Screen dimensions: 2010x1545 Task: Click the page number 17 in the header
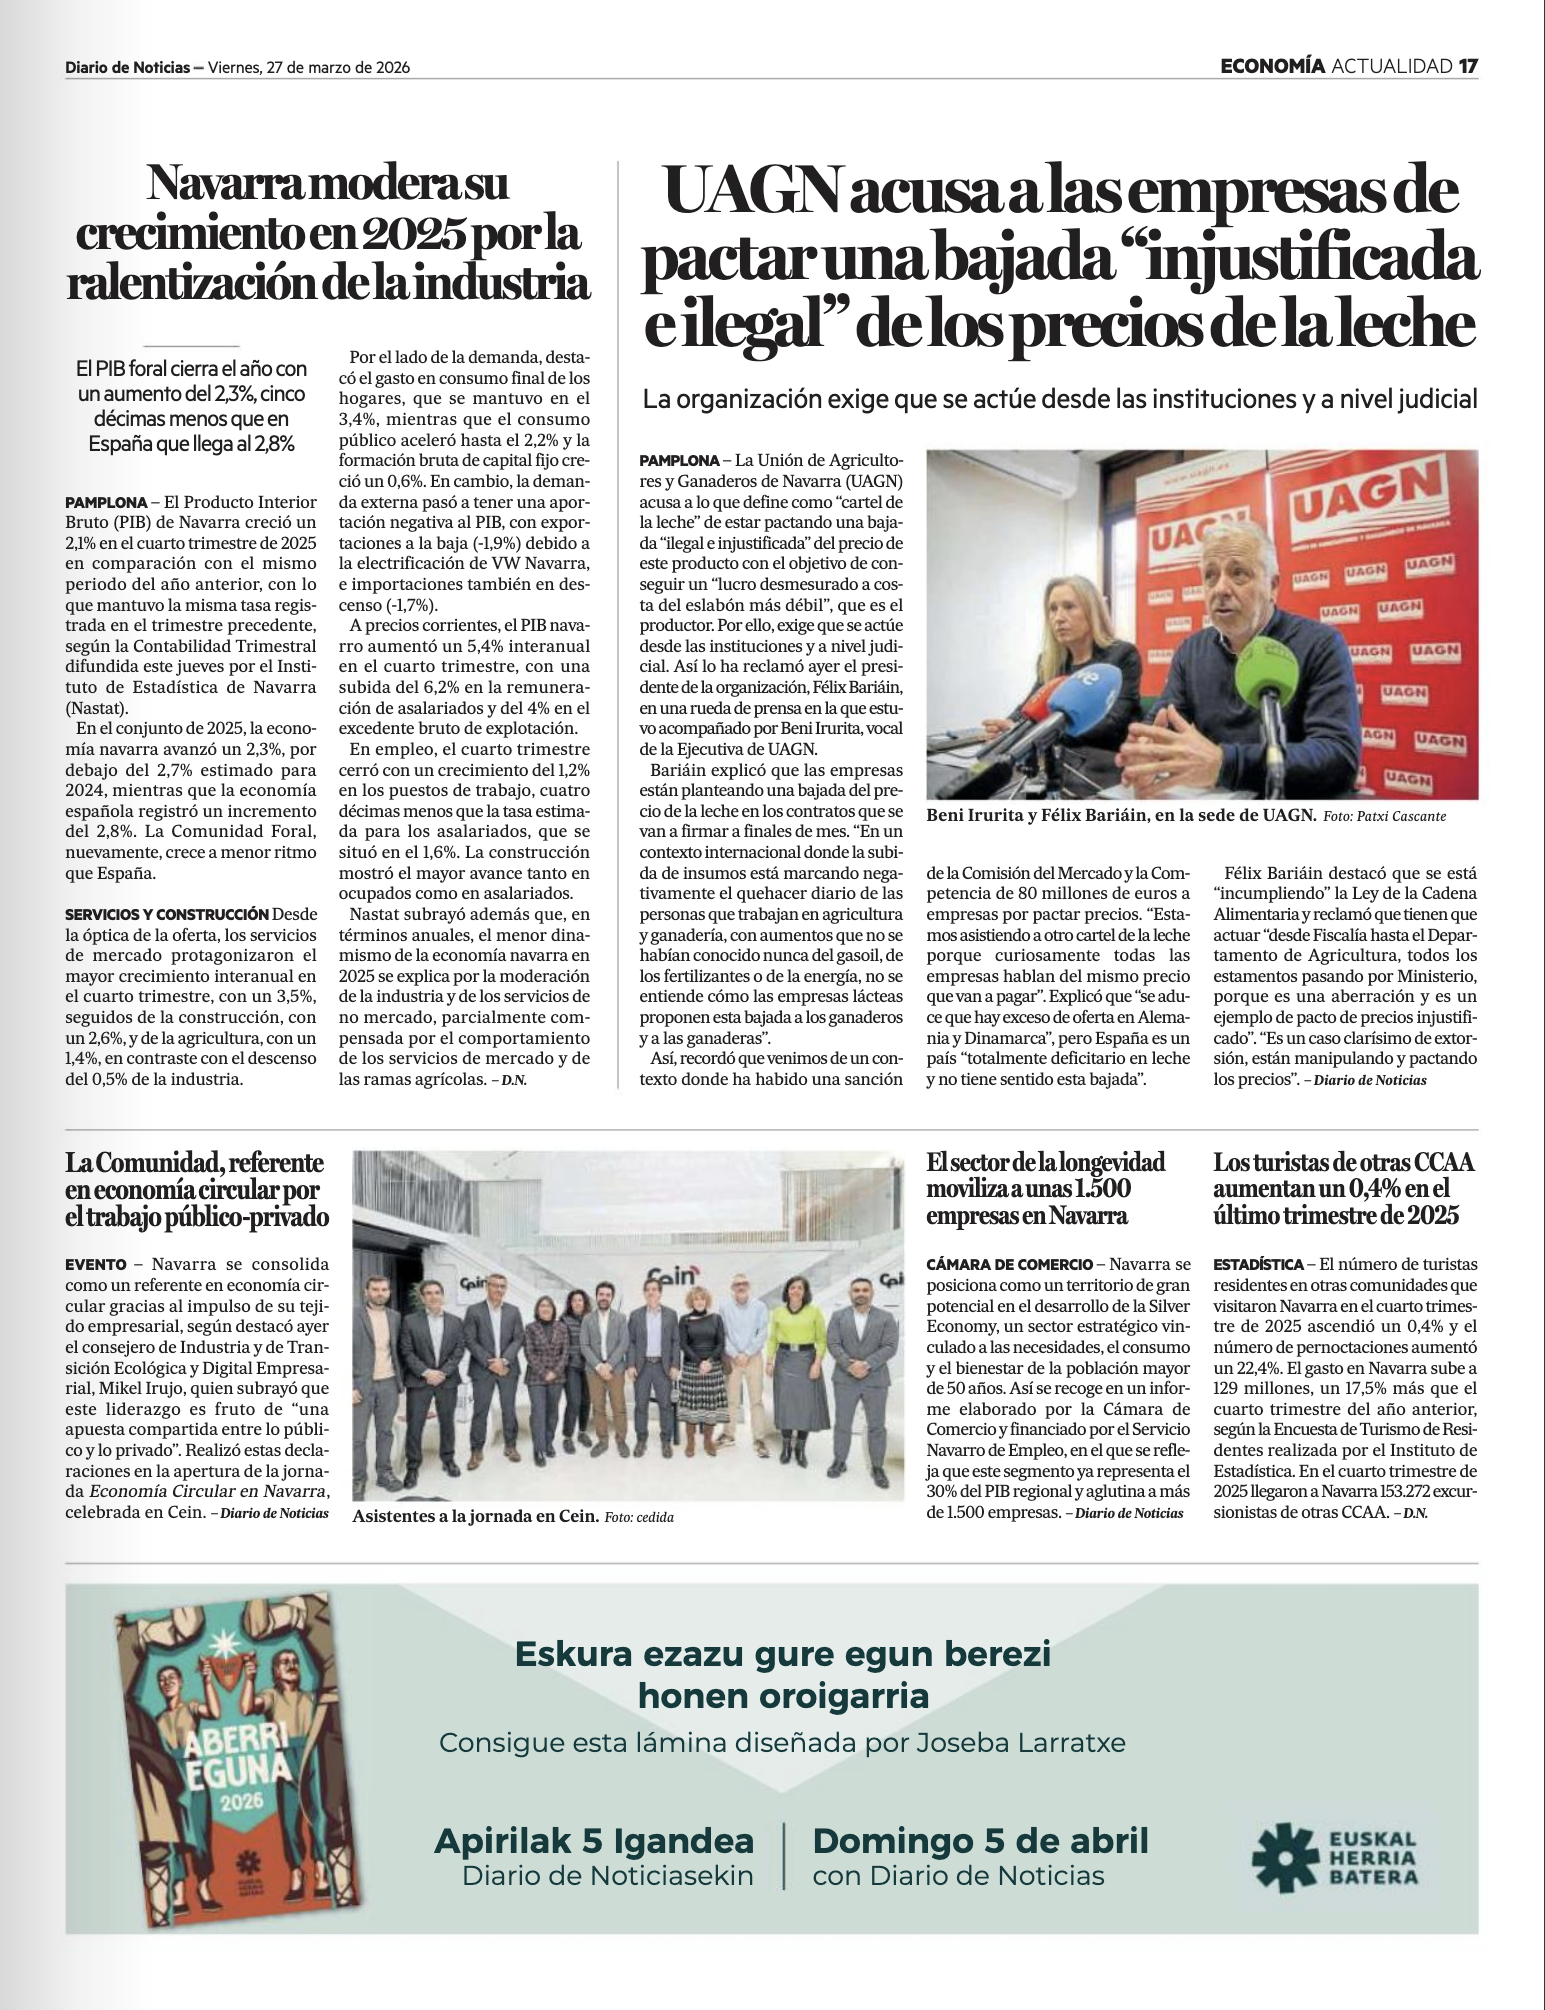[1467, 67]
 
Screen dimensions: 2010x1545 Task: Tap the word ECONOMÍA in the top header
[1273, 67]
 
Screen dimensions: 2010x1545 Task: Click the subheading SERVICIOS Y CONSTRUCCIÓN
[166, 914]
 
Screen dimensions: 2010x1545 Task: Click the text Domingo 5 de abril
[980, 1840]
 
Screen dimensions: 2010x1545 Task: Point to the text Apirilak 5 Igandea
[594, 1840]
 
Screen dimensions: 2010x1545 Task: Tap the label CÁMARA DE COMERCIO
[1009, 1265]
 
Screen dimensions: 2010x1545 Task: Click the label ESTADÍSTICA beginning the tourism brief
[1258, 1265]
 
